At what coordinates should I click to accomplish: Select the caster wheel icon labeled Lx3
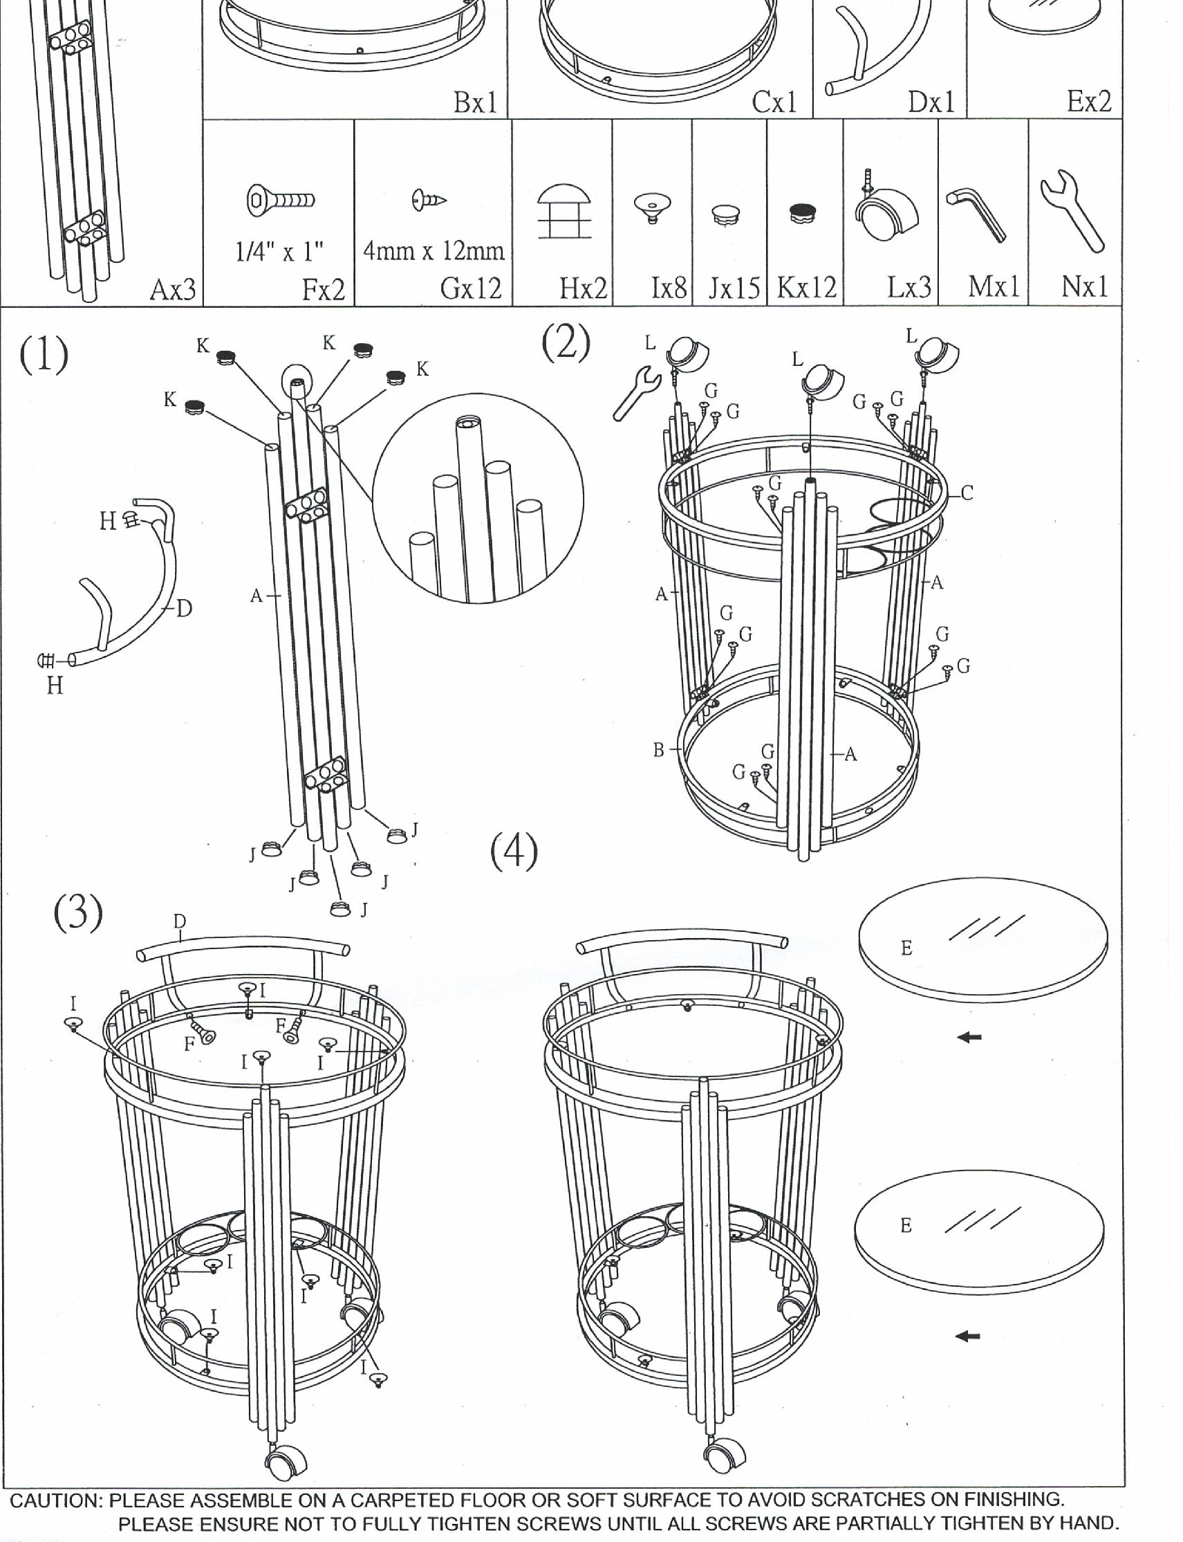(x=886, y=209)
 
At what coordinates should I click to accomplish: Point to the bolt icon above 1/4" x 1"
(x=280, y=200)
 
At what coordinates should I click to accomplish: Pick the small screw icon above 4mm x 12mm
(x=429, y=200)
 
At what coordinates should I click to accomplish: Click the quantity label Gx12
(x=470, y=288)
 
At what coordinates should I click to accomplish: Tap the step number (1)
(x=44, y=355)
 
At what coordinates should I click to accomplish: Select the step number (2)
(x=566, y=343)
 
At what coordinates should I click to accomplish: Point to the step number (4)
(x=513, y=851)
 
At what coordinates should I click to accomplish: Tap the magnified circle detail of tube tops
(x=478, y=498)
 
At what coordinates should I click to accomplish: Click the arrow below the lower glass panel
(x=969, y=1336)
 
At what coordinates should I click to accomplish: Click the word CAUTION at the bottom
(x=55, y=1500)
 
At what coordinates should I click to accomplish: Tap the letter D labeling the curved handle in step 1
(x=184, y=609)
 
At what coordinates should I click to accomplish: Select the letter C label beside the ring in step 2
(x=967, y=493)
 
